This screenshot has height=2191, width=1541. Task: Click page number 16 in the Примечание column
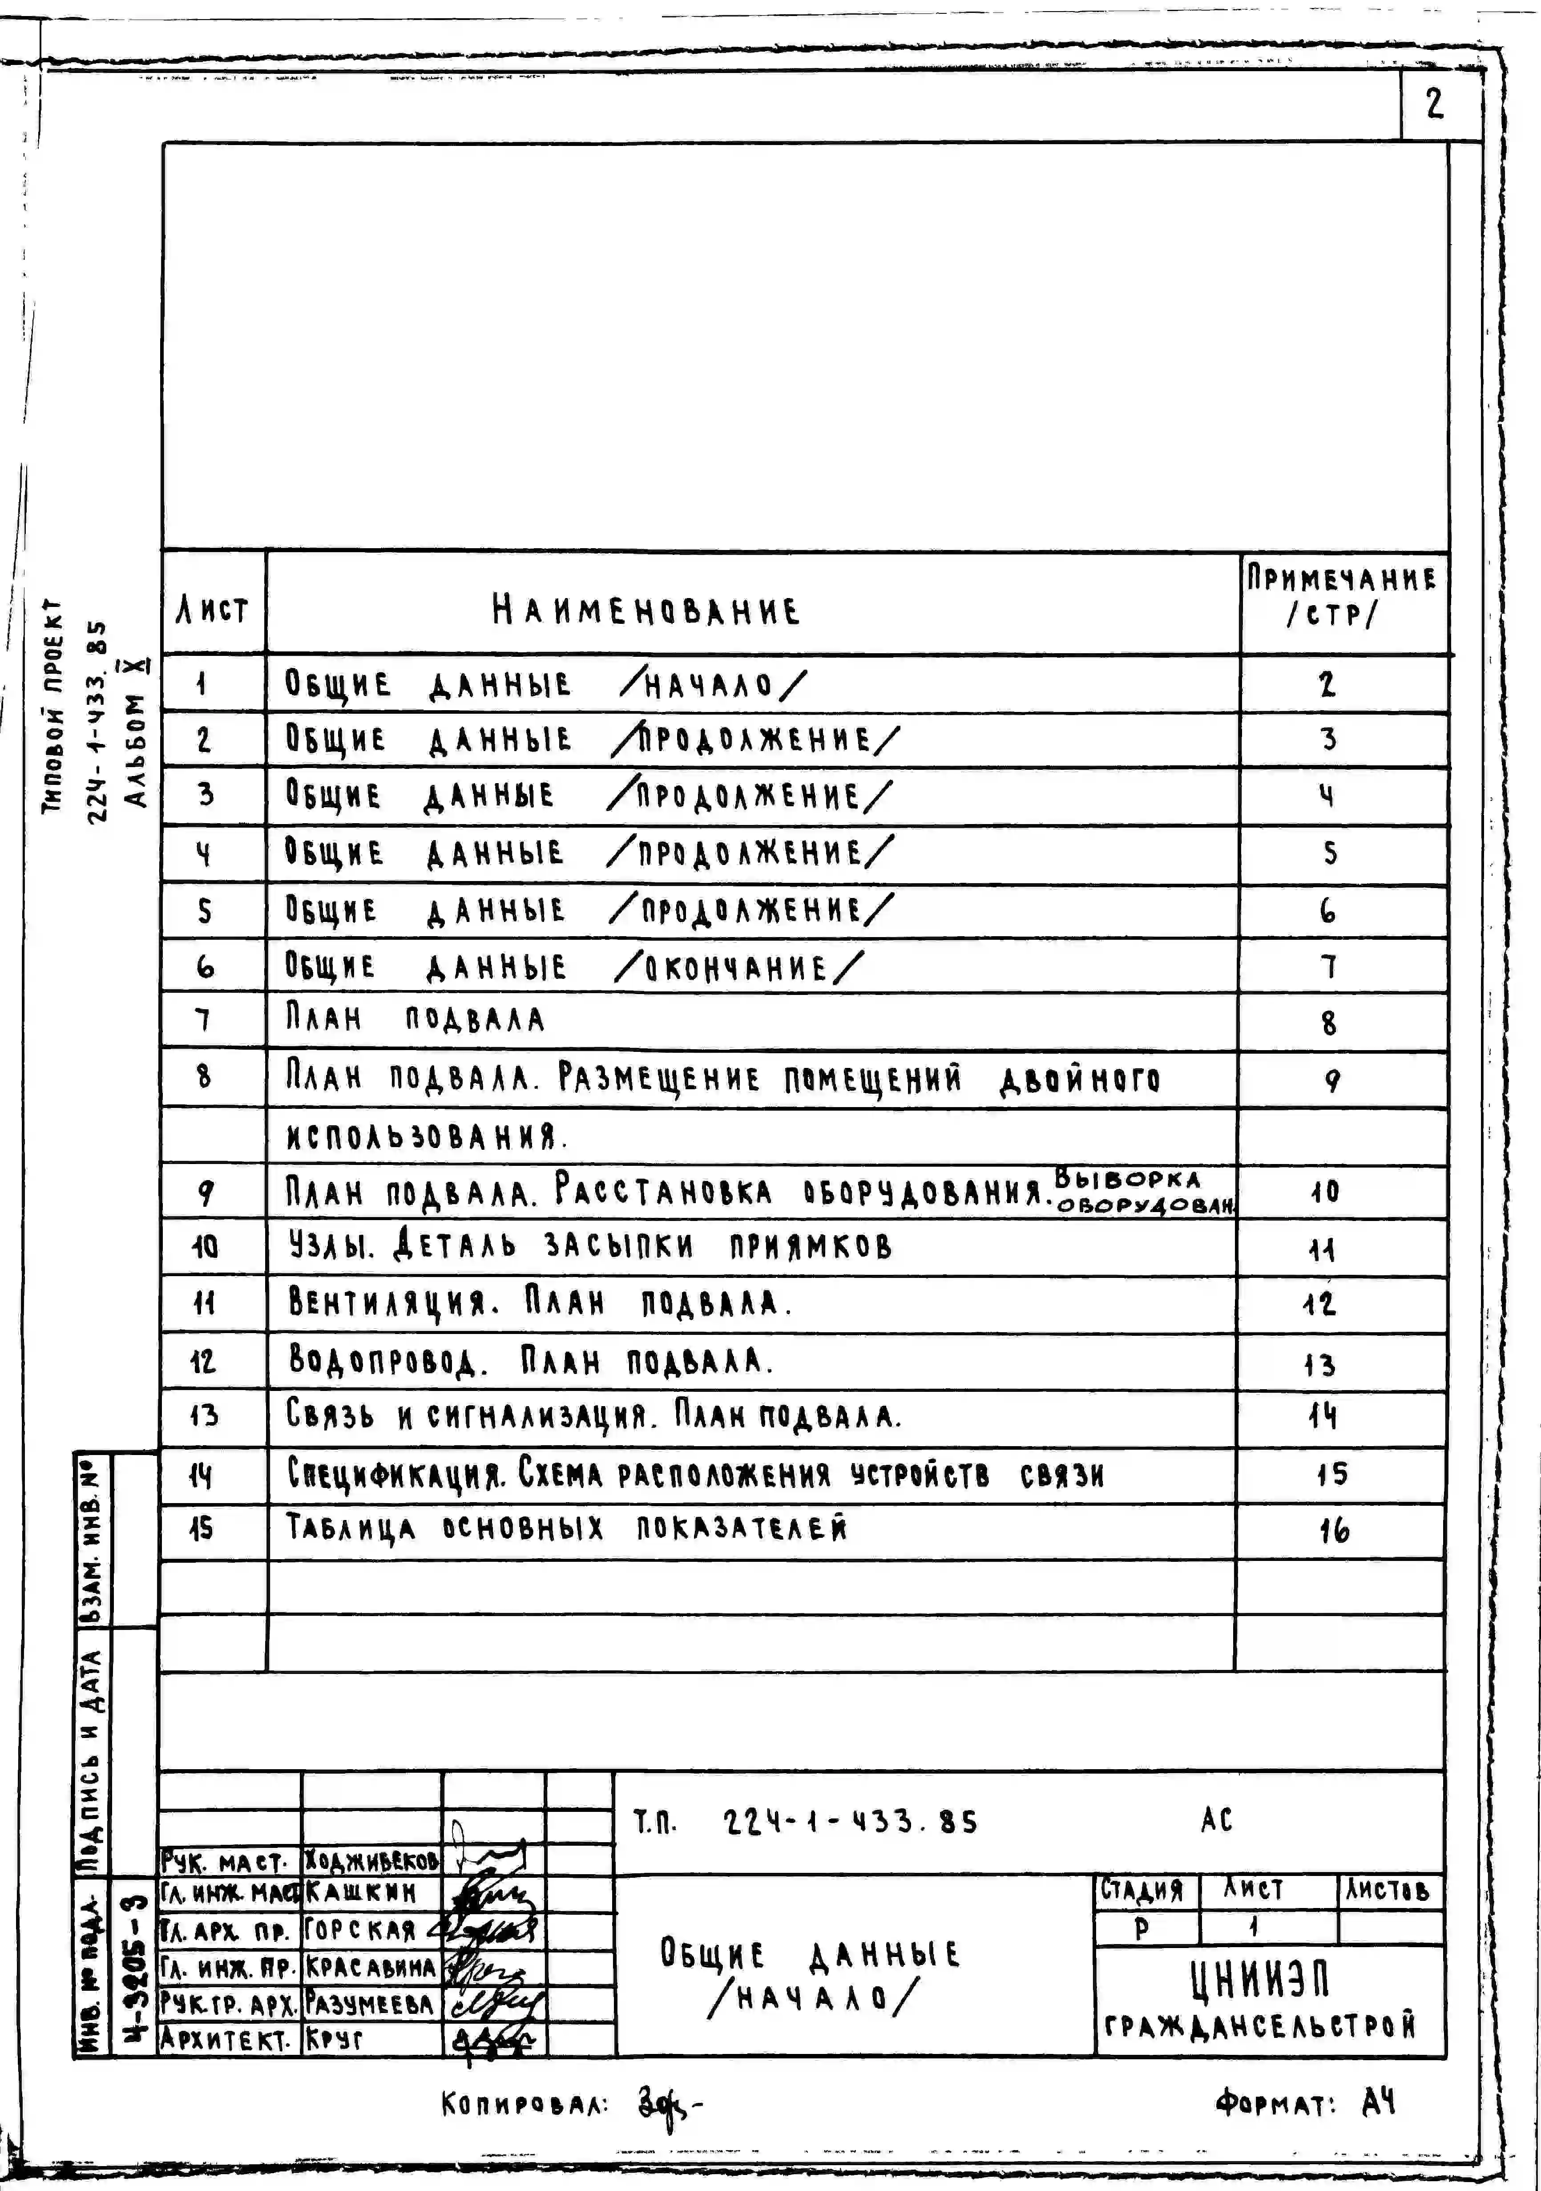(1334, 1531)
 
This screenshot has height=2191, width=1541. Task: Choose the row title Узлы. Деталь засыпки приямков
(590, 1246)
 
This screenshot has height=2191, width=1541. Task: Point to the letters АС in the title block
(1217, 1820)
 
